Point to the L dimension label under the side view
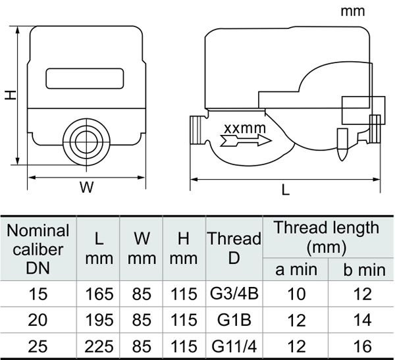pos(285,189)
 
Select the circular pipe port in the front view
pos(86,140)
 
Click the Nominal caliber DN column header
pos(38,249)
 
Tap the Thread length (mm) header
pos(327,237)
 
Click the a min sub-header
pos(296,269)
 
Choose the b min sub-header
pos(361,269)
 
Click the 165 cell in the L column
pos(99,294)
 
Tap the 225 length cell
pos(99,345)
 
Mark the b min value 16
pos(361,345)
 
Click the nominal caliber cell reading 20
pos(38,319)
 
